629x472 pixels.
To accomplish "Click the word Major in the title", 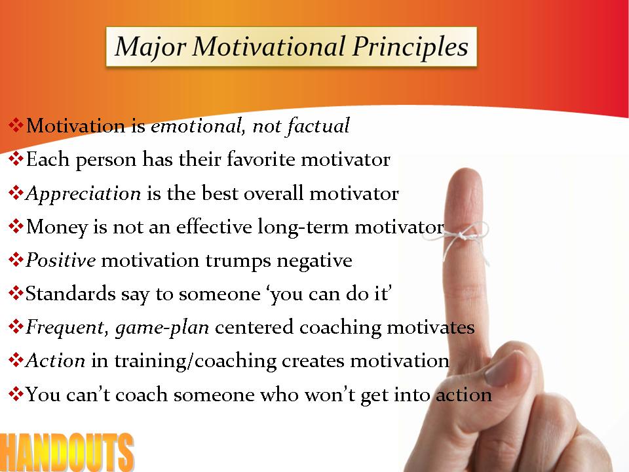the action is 150,47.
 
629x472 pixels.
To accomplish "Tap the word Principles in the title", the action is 410,47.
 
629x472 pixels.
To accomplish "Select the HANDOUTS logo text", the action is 67,452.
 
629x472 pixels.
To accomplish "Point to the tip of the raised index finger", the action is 465,169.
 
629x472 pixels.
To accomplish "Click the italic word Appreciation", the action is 83,194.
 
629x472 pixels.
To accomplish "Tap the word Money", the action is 56,227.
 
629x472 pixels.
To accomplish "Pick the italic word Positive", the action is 61,260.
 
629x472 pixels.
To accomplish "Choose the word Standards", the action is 71,294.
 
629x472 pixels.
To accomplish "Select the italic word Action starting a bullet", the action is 55,361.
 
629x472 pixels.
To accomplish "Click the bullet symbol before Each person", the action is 16,159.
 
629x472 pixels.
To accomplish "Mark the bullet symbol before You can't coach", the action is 16,394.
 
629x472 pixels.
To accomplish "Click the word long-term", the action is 303,227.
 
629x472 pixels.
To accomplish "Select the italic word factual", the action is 318,126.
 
